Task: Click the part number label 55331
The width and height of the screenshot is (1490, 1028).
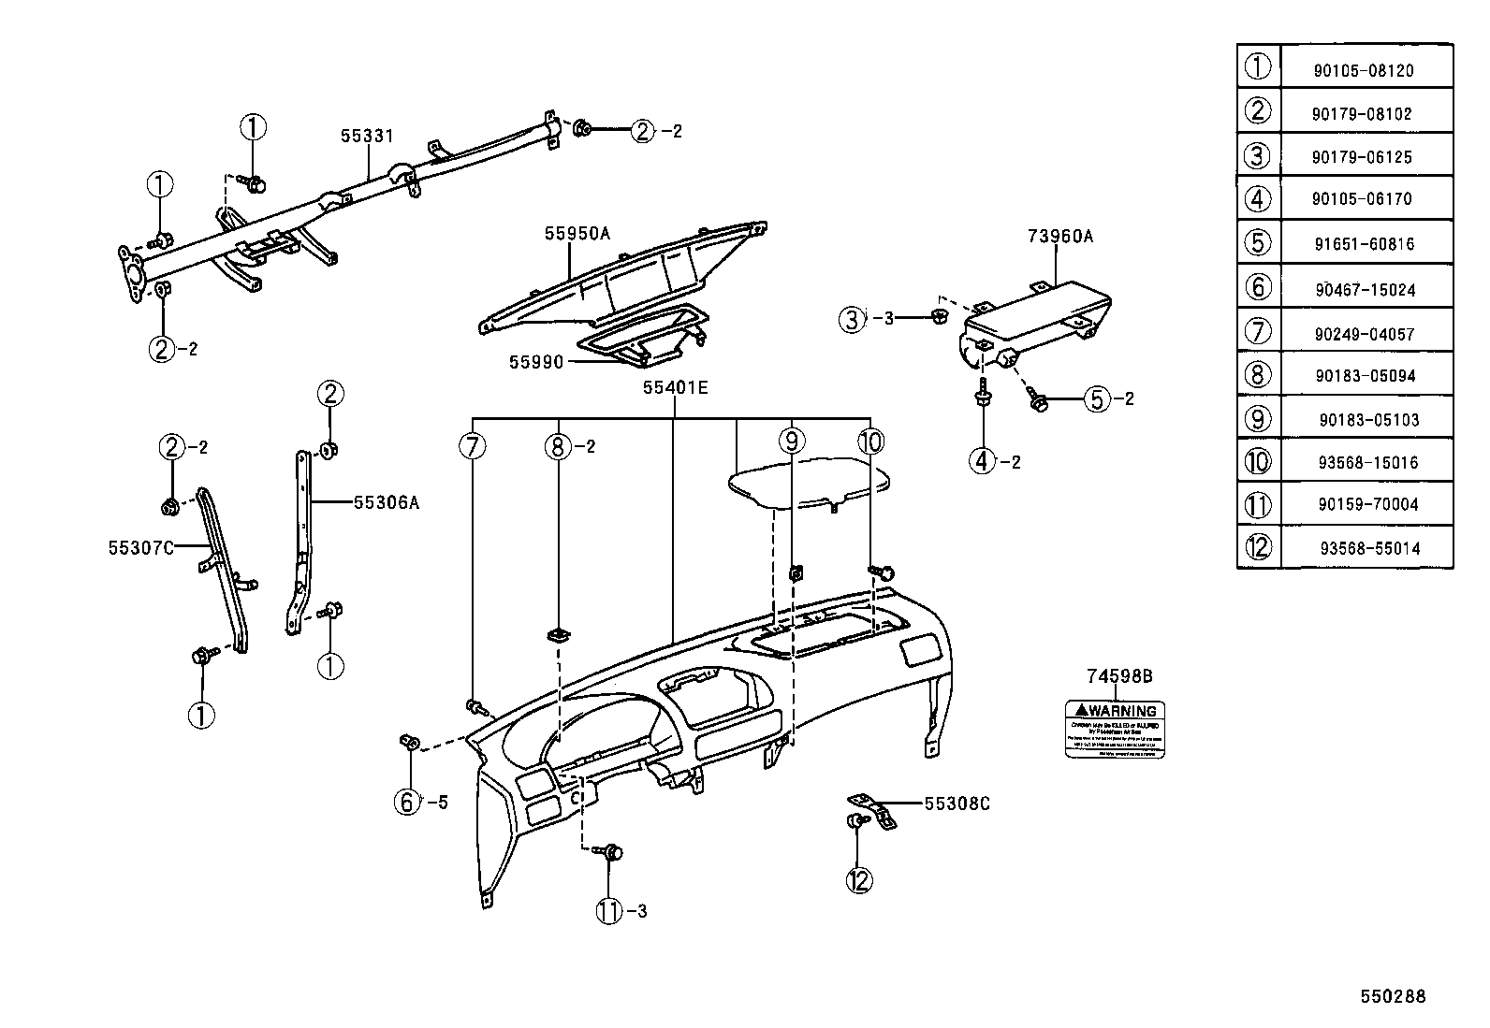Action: click(367, 136)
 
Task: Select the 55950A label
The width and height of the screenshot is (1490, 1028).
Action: click(577, 234)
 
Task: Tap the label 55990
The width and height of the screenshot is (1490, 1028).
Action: click(536, 362)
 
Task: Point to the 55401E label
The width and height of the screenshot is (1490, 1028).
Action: click(675, 387)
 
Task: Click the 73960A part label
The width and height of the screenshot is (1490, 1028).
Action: click(1060, 237)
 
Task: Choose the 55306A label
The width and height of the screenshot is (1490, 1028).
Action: click(387, 503)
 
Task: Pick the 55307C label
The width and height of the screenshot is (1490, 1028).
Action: click(141, 547)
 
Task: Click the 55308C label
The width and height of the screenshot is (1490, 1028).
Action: click(957, 804)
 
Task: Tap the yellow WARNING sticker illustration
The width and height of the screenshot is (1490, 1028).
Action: click(1115, 730)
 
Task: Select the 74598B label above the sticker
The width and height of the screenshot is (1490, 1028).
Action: click(1119, 676)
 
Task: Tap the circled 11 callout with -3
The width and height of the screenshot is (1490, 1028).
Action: click(609, 910)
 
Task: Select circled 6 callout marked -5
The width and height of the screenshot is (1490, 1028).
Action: click(408, 802)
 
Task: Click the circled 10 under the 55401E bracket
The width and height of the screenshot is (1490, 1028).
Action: click(870, 442)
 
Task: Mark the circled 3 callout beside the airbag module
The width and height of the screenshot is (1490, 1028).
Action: click(852, 320)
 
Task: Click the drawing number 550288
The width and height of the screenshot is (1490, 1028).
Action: click(1393, 996)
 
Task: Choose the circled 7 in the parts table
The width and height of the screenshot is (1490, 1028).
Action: click(1258, 331)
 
